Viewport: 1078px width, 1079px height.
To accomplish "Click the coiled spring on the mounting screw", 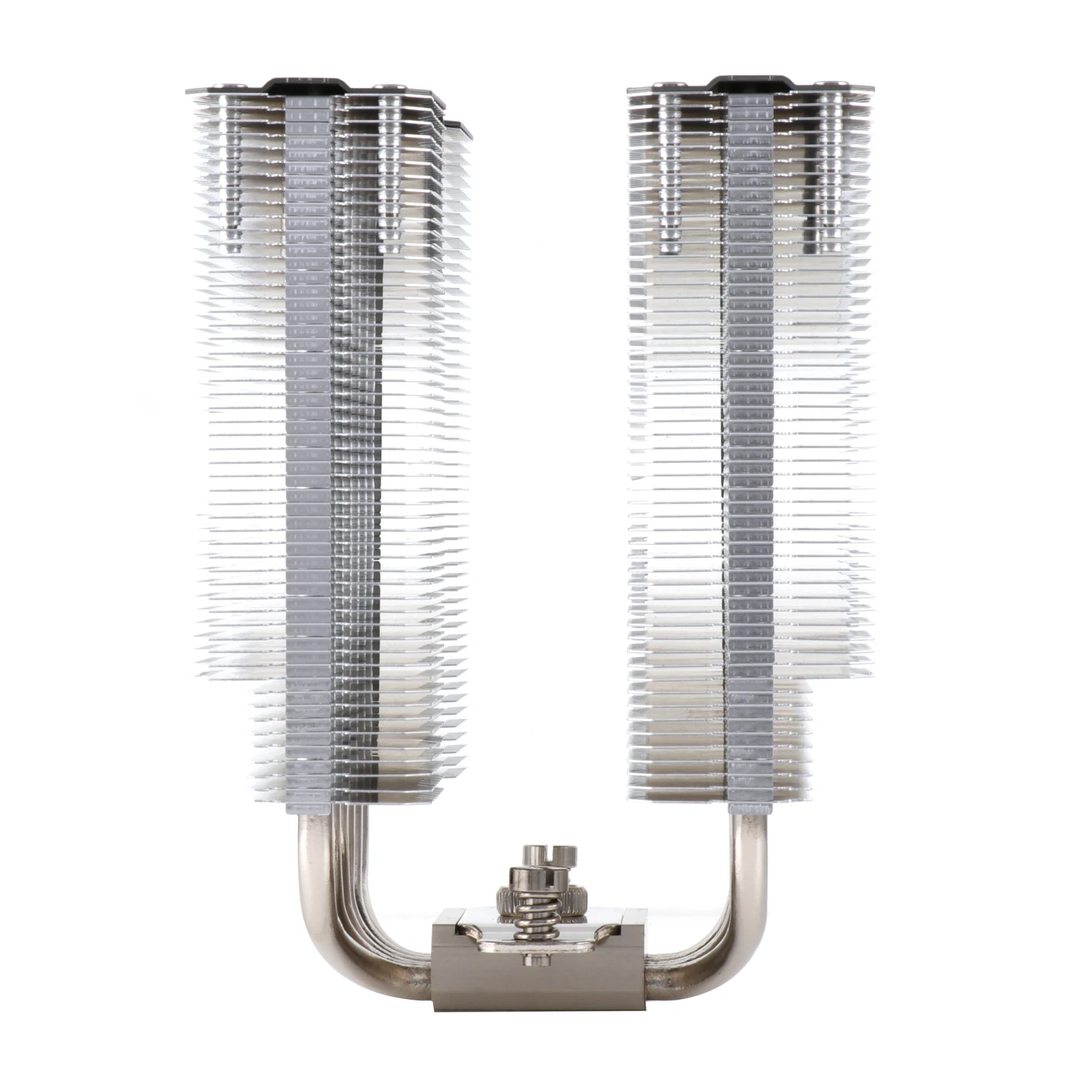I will click(531, 917).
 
